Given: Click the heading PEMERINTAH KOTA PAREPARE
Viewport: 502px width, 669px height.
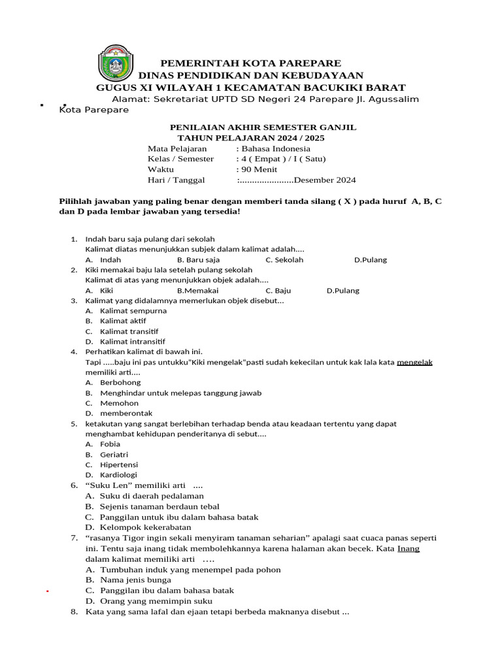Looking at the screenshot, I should [x=251, y=63].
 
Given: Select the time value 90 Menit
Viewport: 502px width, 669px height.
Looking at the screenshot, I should [x=259, y=169].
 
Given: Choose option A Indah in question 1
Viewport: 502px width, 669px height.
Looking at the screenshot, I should [x=110, y=259].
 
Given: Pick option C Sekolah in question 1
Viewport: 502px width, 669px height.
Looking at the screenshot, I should [x=284, y=259].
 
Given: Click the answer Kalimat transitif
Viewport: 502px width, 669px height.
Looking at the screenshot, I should [x=129, y=331].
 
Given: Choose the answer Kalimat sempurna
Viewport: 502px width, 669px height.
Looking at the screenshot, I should [x=133, y=310].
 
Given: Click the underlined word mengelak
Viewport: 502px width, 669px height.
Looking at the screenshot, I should [x=415, y=362].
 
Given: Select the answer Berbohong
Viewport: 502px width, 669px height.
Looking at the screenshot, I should [x=120, y=382].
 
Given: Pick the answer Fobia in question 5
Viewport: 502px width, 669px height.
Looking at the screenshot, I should [x=110, y=444].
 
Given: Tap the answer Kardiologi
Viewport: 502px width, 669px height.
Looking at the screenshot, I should [x=118, y=475].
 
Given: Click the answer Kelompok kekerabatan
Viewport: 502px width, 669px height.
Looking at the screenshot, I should [x=145, y=527].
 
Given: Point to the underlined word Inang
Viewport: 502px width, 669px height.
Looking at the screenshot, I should [x=409, y=549].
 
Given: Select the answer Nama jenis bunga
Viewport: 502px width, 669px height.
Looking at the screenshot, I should [x=135, y=580].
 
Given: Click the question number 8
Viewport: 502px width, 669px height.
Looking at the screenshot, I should [x=74, y=612].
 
